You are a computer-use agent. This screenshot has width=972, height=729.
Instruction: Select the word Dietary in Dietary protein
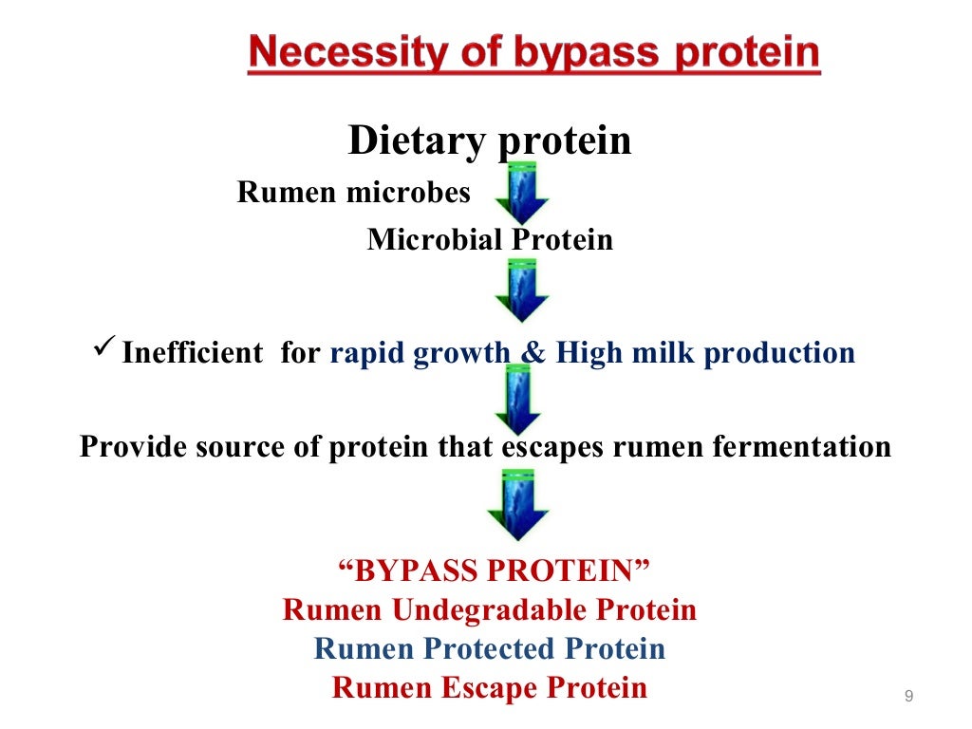(x=417, y=141)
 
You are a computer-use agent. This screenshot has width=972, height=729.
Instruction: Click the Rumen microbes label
(x=353, y=193)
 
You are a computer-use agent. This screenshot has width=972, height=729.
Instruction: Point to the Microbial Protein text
(x=490, y=239)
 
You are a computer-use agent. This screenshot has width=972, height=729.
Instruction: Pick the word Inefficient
(x=193, y=353)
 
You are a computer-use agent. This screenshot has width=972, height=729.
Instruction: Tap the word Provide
(x=132, y=446)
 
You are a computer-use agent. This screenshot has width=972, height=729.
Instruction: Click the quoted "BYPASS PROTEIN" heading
(x=495, y=571)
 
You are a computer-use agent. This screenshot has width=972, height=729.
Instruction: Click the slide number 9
(x=908, y=698)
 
